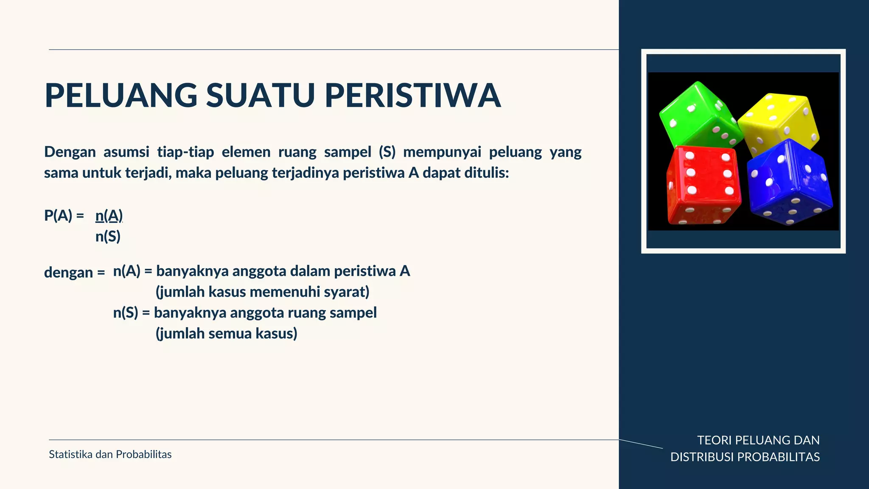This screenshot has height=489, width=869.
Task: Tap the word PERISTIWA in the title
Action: (x=413, y=96)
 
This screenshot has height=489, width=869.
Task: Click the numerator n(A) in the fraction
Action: (x=109, y=216)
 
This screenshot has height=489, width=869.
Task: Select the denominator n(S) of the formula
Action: (x=108, y=236)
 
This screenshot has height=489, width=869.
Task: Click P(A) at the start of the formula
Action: (x=58, y=216)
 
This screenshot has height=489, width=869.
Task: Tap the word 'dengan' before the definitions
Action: (x=68, y=273)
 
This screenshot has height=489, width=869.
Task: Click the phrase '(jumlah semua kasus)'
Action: (x=227, y=334)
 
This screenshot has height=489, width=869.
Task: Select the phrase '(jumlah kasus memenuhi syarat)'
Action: (x=263, y=292)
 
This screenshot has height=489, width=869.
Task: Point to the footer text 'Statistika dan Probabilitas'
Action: (x=110, y=455)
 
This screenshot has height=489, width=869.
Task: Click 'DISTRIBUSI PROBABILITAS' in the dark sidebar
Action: (x=745, y=457)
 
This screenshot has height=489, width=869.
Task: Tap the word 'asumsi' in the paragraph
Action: (x=126, y=152)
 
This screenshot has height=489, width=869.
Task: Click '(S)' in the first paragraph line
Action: (x=387, y=152)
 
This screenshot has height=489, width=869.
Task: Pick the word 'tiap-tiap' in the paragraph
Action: (x=185, y=152)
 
